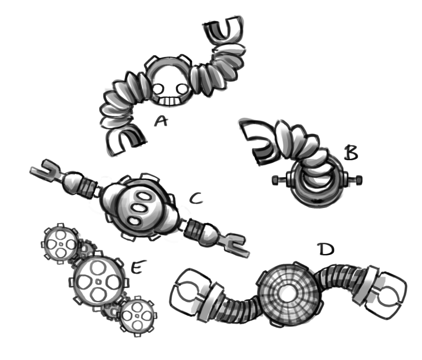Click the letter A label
[161, 121]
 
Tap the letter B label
[351, 153]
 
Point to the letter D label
[326, 249]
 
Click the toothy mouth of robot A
[169, 101]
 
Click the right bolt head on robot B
[359, 180]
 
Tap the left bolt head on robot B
[275, 180]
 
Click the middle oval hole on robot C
[139, 208]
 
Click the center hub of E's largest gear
[99, 282]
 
